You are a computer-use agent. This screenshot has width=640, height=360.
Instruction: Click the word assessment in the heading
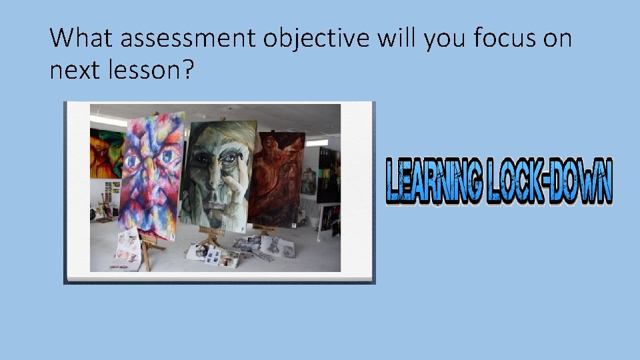point(189,39)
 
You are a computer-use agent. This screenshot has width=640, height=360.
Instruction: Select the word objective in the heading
point(316,39)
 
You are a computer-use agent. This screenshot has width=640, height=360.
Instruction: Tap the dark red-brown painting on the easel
point(279,180)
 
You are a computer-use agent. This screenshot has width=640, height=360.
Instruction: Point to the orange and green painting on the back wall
point(107,153)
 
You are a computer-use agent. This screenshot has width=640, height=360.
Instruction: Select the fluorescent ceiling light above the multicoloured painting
point(110,121)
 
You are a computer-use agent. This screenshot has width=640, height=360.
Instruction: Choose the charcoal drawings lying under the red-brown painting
point(270,247)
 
